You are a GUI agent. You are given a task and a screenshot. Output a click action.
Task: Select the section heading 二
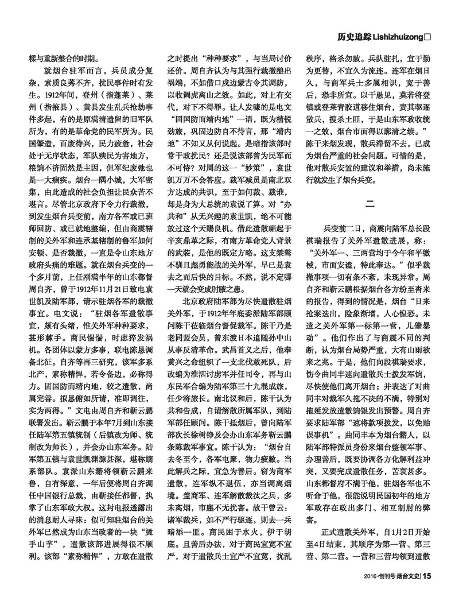pos(370,202)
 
